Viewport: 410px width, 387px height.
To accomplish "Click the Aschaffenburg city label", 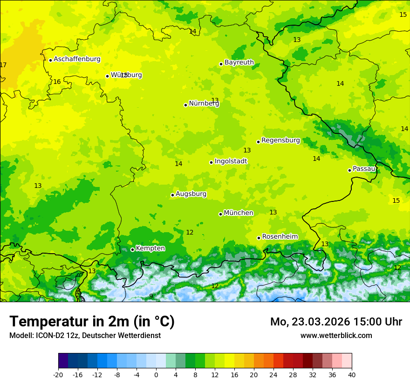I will coord(77,59).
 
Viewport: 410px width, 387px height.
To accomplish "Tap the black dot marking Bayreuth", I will coord(221,64).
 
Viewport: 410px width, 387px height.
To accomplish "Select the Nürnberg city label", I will coord(204,104).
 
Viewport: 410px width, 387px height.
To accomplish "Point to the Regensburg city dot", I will coord(258,142).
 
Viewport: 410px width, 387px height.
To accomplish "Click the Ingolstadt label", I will coord(231,161).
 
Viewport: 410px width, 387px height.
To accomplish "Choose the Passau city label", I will coord(364,169).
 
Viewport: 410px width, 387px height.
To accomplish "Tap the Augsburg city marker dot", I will coord(172,195).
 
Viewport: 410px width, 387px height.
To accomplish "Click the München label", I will coord(238,213).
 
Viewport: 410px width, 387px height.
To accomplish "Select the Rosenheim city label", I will coord(280,237).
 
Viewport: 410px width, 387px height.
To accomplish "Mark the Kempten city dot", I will coord(132,249).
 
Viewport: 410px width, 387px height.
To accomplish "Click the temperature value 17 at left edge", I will coord(3,65).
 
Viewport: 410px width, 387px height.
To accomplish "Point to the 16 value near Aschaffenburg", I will coord(57,82).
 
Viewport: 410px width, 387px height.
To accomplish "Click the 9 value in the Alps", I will coord(151,296).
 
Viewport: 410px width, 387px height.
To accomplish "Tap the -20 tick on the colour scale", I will coord(58,374).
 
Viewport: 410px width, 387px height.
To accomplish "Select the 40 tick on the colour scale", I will coord(351,374).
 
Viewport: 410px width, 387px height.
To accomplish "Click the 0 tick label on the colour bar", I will coord(156,374).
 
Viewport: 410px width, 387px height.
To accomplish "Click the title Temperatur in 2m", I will coord(92,322).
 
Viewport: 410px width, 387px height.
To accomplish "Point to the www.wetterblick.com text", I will coord(336,335).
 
